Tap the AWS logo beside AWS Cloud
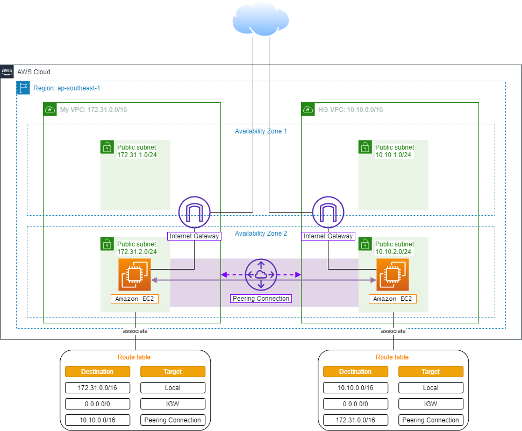(7, 72)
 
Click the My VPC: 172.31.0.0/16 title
(94, 110)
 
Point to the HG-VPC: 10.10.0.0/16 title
(351, 110)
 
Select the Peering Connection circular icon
(261, 274)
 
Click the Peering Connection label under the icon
(261, 299)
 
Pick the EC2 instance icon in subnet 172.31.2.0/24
(134, 274)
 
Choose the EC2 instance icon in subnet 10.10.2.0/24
(392, 274)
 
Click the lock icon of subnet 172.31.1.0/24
(107, 147)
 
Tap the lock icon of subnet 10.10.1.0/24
(365, 147)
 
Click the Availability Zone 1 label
(261, 131)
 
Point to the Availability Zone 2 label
(261, 234)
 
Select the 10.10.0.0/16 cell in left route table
(97, 420)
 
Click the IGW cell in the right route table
(431, 404)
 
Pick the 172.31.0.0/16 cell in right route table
(355, 420)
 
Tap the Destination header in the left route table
(97, 371)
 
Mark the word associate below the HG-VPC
(393, 331)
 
